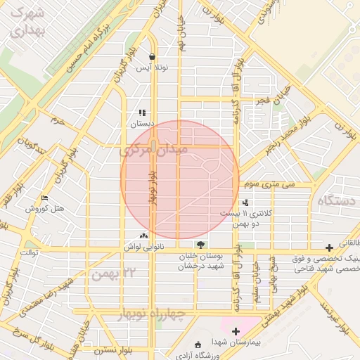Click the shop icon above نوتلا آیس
(x=153, y=57)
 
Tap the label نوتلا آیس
(x=153, y=68)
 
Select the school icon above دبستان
(x=142, y=112)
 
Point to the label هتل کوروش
(x=45, y=209)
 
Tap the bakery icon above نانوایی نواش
(x=144, y=236)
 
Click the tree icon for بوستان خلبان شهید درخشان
(x=202, y=245)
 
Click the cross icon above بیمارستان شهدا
(x=236, y=331)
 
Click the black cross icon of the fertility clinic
(x=329, y=247)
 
